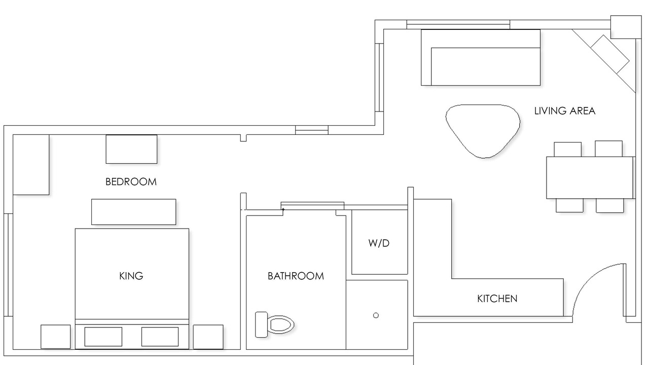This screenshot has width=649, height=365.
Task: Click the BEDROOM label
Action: (131, 182)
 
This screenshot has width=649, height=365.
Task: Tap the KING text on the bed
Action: (131, 276)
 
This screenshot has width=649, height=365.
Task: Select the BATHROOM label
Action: (296, 276)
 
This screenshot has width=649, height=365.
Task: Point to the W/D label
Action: (379, 243)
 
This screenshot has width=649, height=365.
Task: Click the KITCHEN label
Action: (497, 299)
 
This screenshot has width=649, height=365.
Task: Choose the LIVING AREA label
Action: (565, 111)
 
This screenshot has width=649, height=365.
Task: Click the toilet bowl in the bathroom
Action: (280, 324)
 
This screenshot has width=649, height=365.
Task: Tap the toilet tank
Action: (261, 325)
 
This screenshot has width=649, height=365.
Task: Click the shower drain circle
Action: (376, 315)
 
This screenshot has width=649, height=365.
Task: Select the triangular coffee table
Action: (483, 130)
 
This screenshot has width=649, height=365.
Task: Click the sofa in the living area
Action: (481, 57)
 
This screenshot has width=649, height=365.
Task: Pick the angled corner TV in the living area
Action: (610, 54)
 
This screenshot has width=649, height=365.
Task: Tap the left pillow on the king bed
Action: (103, 337)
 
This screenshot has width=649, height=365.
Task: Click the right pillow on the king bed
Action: (160, 337)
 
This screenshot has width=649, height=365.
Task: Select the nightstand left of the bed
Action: (55, 337)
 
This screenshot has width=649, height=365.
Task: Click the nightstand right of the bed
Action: (208, 337)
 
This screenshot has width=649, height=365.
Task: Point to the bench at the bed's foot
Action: (133, 212)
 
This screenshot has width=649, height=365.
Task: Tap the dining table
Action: (589, 177)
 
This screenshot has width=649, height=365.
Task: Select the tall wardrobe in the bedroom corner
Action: (31, 165)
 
